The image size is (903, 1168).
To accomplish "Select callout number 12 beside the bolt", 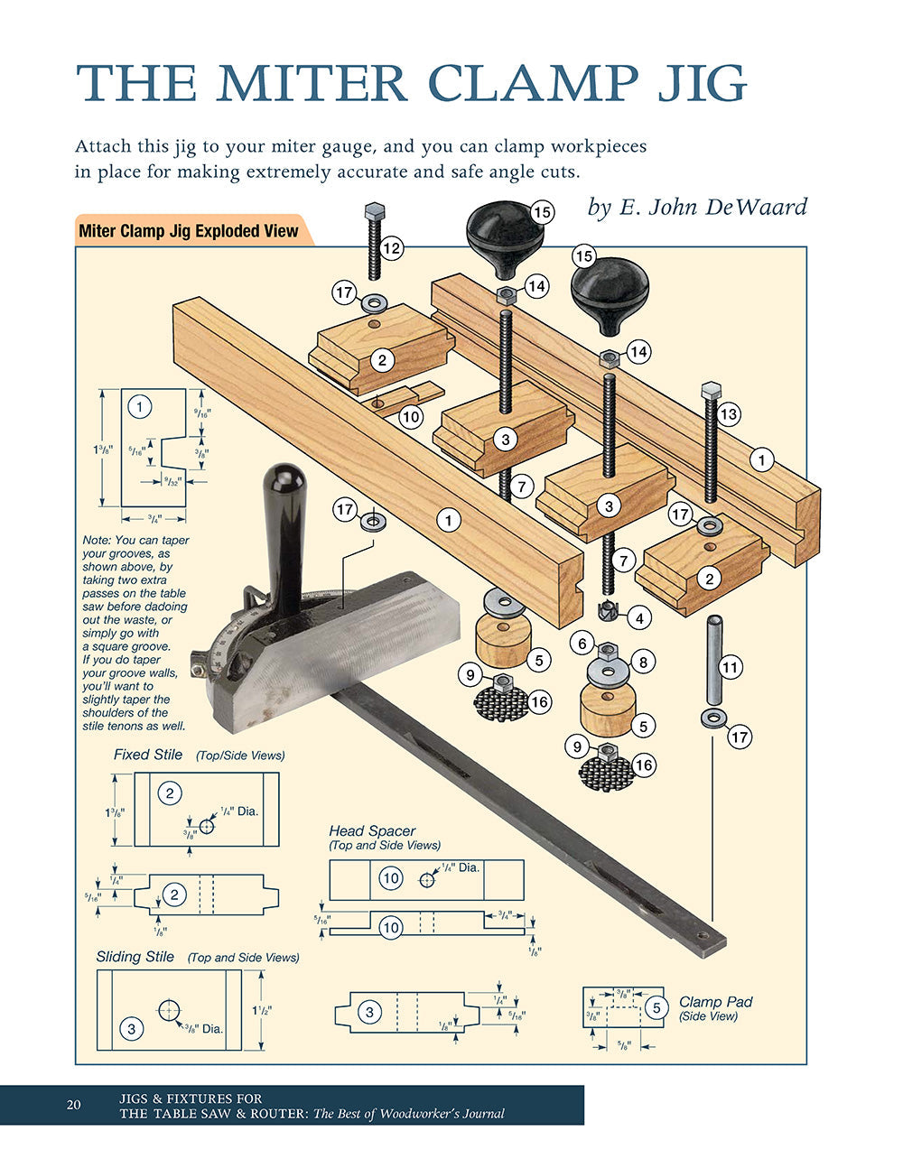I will tap(391, 247).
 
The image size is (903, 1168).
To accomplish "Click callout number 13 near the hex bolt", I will tap(728, 414).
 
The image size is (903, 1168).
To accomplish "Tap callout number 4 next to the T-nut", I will tap(639, 618).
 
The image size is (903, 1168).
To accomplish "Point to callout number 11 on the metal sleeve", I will tap(730, 668).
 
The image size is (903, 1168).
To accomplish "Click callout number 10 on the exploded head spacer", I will tap(410, 416).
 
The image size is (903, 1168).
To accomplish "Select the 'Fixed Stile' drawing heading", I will tap(148, 755).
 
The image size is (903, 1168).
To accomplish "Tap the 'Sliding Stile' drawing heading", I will tap(135, 957).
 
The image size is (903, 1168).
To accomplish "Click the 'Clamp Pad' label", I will tap(715, 1002).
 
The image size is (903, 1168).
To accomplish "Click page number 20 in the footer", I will tap(74, 1106).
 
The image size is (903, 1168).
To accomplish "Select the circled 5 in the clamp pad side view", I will tap(656, 1007).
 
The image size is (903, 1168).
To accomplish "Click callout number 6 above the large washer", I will tap(582, 644).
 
